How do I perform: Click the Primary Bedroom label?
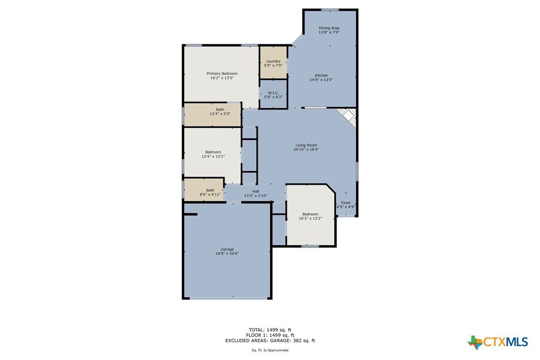222,73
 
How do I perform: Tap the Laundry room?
273,62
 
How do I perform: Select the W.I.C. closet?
273,94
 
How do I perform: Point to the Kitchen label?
322,76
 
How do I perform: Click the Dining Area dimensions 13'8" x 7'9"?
329,32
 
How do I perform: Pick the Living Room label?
306,145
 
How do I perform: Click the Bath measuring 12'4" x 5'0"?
213,114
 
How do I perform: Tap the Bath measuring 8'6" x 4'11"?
204,190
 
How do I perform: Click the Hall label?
255,191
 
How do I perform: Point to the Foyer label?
346,203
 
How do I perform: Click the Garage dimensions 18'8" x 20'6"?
227,253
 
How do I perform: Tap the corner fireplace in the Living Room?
348,117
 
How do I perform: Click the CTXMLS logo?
498,342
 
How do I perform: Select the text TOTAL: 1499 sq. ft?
270,330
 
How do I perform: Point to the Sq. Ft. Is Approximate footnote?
270,350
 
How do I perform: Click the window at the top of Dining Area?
330,9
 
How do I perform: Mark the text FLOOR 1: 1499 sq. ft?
270,335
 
